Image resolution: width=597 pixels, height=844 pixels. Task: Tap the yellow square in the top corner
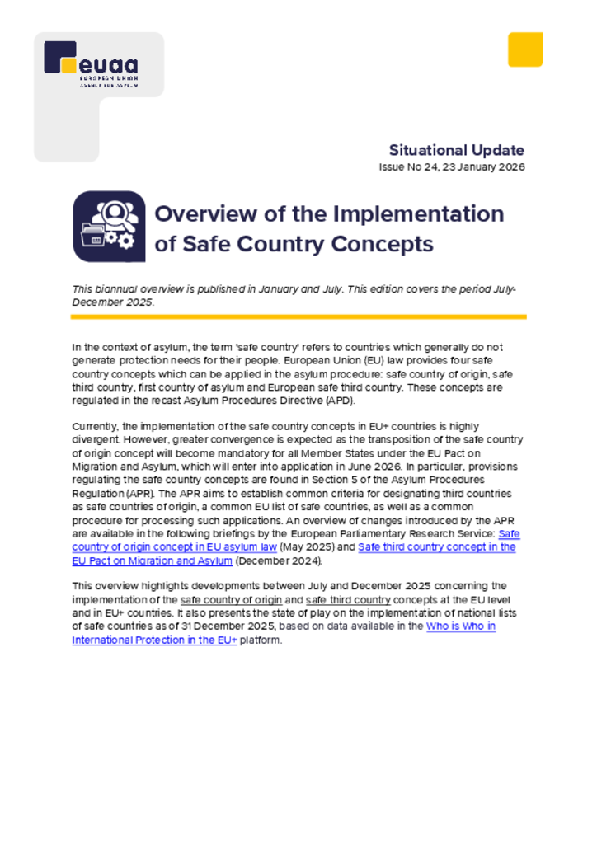pyautogui.click(x=524, y=49)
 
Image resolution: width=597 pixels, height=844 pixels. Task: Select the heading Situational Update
pyautogui.click(x=456, y=150)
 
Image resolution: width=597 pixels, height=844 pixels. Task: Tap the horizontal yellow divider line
pyautogui.click(x=298, y=316)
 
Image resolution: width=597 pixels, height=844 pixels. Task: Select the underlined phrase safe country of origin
pyautogui.click(x=231, y=600)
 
